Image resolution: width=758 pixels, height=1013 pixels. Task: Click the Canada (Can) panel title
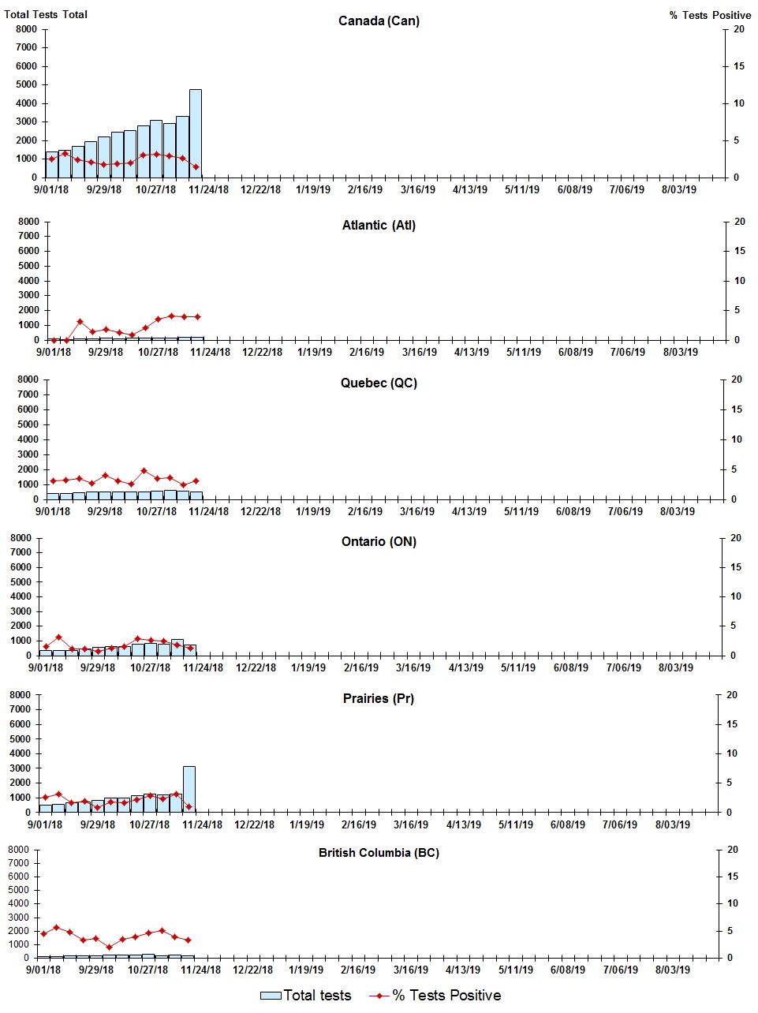(379, 21)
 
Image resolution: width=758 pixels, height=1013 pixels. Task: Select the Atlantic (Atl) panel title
(379, 226)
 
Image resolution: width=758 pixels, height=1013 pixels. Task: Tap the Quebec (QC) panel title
(379, 383)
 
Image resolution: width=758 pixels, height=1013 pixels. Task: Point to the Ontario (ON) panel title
(379, 542)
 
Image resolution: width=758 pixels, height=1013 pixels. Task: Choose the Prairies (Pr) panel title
(379, 699)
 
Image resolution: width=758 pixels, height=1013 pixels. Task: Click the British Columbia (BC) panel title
(379, 853)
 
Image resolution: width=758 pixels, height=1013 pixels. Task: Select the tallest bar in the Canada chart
(195, 134)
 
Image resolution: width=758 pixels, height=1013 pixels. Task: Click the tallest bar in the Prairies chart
(189, 789)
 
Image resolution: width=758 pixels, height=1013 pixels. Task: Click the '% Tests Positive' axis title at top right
(710, 15)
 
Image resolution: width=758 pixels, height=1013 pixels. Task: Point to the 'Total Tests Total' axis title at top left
(46, 14)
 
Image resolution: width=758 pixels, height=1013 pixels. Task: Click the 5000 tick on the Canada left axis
(26, 84)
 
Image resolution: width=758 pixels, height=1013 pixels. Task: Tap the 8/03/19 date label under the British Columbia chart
(672, 970)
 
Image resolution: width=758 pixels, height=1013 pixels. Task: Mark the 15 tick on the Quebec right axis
(736, 409)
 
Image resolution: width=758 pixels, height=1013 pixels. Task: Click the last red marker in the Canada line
(196, 166)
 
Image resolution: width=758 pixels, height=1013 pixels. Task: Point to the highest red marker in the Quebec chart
(144, 471)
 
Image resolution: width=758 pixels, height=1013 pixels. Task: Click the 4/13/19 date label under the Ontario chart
(465, 667)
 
